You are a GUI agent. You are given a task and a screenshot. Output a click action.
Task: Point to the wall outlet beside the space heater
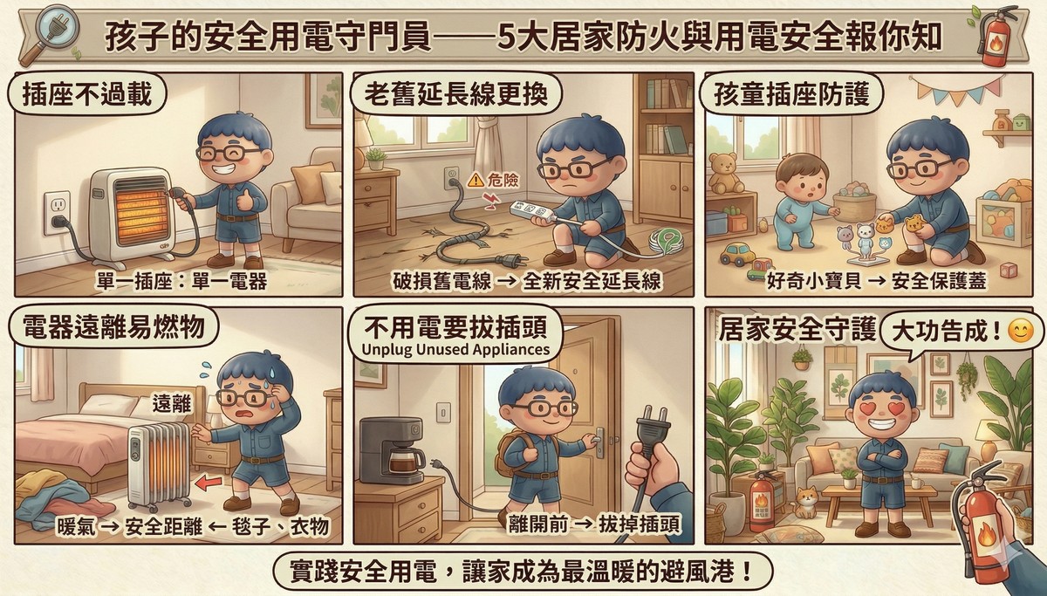(57, 210)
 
